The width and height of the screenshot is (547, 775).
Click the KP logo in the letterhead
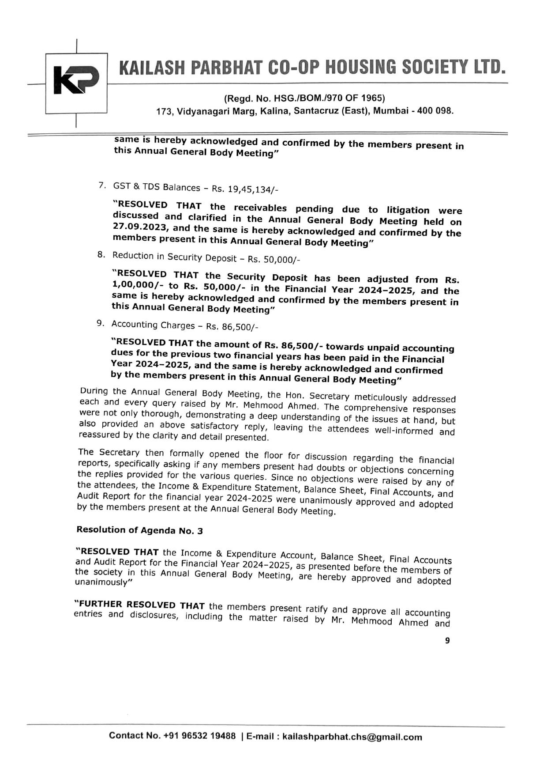(x=76, y=80)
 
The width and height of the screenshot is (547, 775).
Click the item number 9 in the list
(x=100, y=323)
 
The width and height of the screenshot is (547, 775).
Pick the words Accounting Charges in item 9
(x=153, y=325)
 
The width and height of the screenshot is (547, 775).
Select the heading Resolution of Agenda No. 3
(x=140, y=530)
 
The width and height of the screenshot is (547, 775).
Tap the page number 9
(x=447, y=641)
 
